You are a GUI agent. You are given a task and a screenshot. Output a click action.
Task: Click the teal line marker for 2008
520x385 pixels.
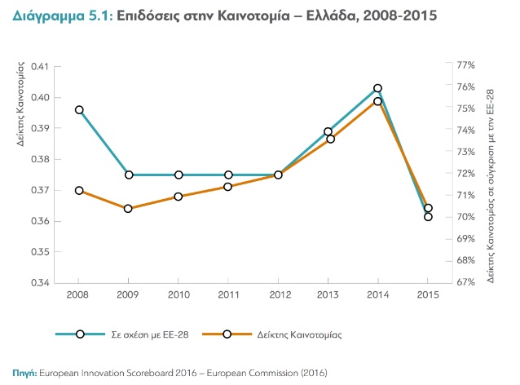point(79,109)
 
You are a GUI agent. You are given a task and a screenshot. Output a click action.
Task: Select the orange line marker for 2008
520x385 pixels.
point(79,190)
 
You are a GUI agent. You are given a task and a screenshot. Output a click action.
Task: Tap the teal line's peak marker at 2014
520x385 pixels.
point(378,88)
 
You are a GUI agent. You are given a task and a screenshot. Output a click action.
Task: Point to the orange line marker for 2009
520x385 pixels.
point(128,208)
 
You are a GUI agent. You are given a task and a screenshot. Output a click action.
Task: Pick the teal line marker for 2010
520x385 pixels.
point(178,175)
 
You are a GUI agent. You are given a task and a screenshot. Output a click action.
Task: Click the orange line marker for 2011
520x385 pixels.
point(228,187)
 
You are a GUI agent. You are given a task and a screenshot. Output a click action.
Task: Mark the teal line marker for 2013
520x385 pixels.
point(328,131)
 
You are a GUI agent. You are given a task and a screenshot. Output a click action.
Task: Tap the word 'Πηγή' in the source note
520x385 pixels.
point(24,372)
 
